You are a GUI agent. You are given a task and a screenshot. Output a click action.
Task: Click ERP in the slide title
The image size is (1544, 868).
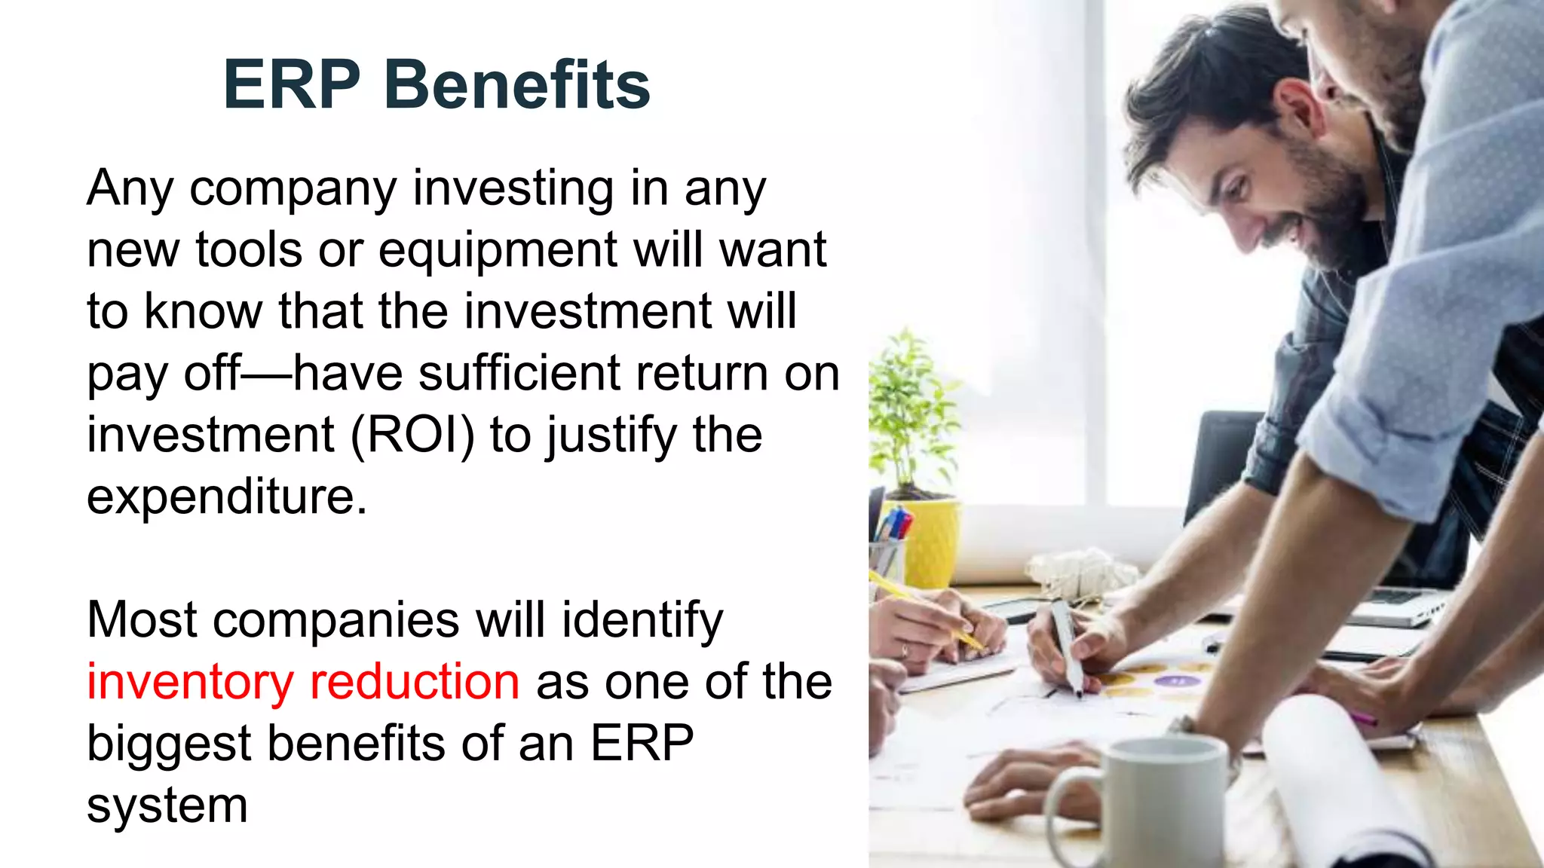[x=292, y=84]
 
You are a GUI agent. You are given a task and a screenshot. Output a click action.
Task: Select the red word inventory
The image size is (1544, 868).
[x=189, y=683]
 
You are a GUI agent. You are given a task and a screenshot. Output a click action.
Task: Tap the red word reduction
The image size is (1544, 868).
[x=415, y=681]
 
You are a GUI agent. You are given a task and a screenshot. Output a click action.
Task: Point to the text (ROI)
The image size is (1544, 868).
[x=413, y=436]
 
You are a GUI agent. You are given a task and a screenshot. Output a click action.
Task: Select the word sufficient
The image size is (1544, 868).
[x=519, y=374]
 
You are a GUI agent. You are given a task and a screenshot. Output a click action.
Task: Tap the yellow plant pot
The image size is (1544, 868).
[x=932, y=542]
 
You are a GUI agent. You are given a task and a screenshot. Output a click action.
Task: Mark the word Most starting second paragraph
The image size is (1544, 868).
[x=142, y=621]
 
